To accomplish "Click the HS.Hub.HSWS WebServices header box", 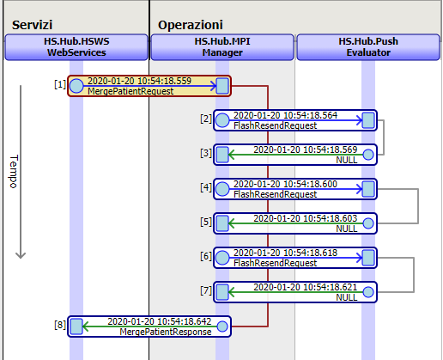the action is coord(76,47).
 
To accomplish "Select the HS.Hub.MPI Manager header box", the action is coord(222,47).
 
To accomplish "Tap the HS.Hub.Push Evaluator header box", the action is coord(368,47).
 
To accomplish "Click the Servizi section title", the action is coord(32,25).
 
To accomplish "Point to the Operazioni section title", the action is coord(191,25).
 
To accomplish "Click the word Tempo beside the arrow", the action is coord(14,172).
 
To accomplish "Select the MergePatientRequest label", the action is coord(130,91).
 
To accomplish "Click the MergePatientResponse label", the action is coord(166,332).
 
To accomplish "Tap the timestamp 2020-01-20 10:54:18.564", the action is coord(285,115).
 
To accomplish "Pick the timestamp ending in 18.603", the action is coord(306,218).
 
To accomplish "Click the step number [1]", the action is coord(60,84).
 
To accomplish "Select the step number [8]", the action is coord(60,325).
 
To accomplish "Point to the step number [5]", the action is coord(206,222).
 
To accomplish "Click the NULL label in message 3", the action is coord(347,160).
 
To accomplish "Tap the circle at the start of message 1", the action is coord(76,86).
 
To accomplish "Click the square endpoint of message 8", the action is coord(76,326).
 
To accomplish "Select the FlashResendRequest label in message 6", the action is coord(275,263).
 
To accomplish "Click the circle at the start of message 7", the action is coord(368,292).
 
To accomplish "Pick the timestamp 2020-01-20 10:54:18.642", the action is coord(160,321).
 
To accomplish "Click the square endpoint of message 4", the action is coord(368,189).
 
